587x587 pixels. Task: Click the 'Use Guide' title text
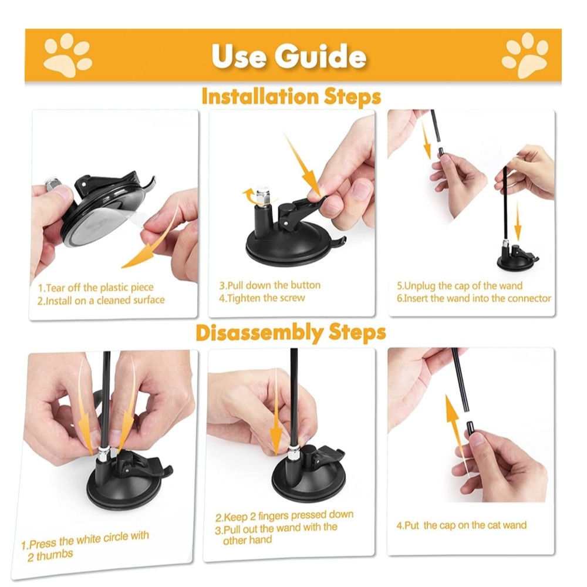tap(289, 56)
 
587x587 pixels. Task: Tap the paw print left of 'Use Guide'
tap(68, 55)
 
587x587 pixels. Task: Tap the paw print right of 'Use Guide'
tap(525, 55)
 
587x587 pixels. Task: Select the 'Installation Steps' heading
tap(291, 96)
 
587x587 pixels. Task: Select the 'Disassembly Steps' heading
tap(291, 332)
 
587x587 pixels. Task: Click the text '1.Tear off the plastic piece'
tap(96, 288)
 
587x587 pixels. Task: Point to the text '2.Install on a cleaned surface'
tap(101, 300)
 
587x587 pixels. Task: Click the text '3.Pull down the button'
tap(270, 285)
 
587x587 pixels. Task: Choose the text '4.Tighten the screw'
tap(262, 298)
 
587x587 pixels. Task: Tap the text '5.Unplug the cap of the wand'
tap(460, 286)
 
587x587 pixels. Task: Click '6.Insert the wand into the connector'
tap(474, 298)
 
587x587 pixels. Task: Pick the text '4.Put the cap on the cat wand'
tap(461, 525)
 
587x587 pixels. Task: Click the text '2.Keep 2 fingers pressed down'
tap(285, 516)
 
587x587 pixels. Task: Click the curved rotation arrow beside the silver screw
tap(248, 195)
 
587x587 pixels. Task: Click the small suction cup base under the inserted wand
tap(517, 259)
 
